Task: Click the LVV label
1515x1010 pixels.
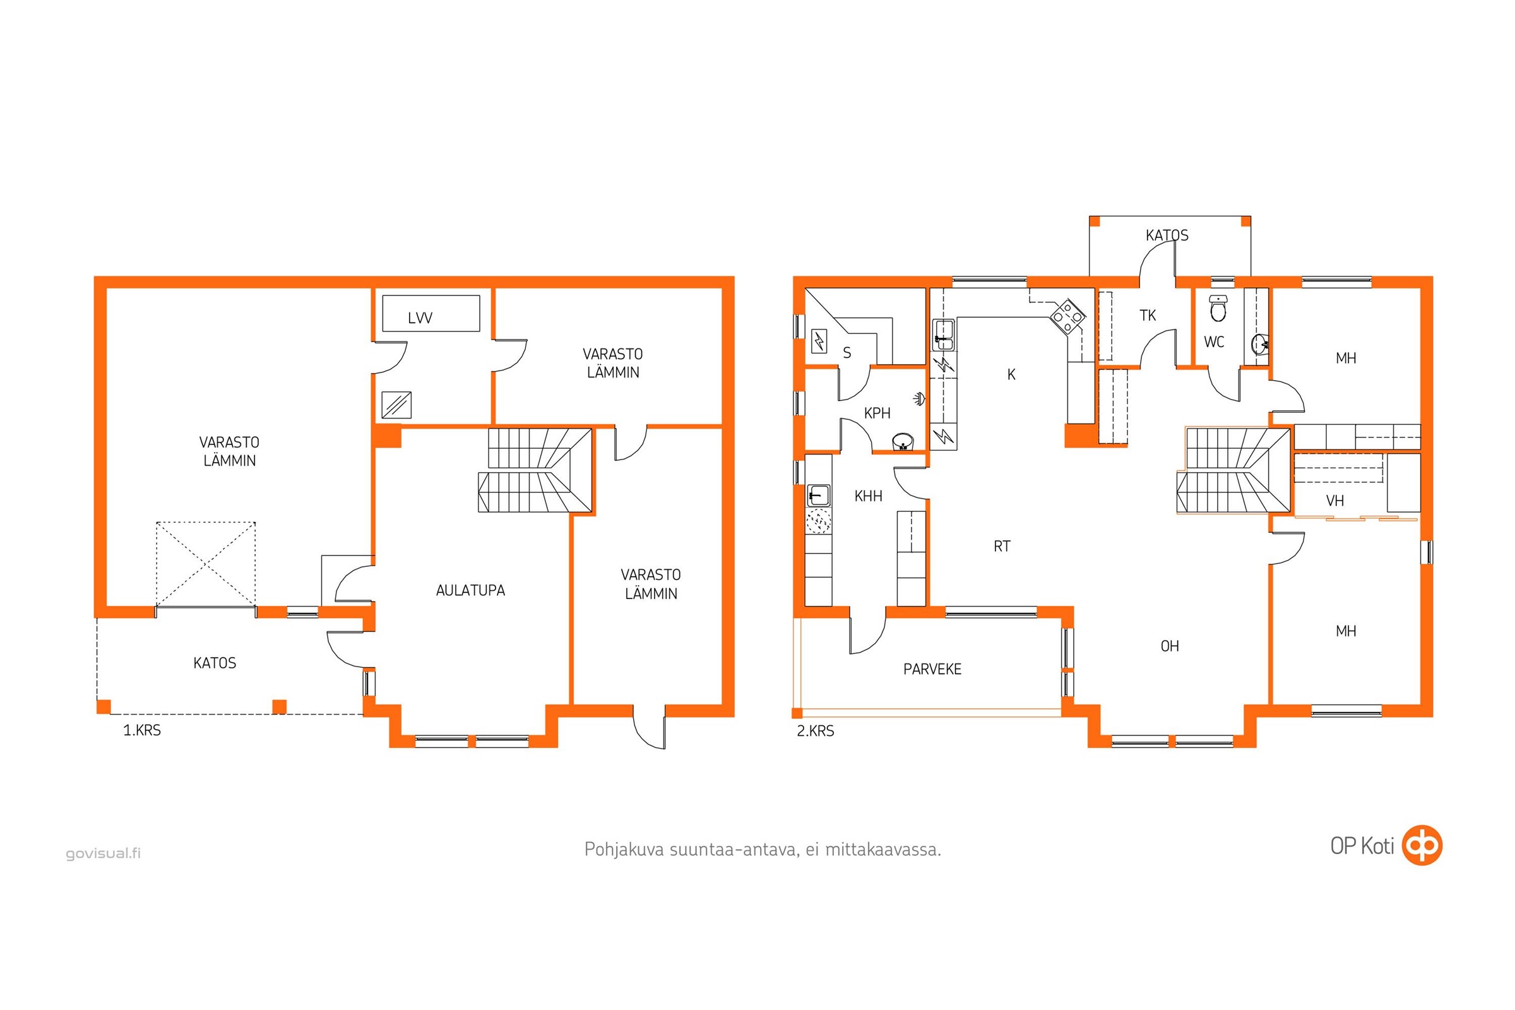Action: click(x=420, y=318)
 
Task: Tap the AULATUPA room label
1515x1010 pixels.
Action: click(x=470, y=590)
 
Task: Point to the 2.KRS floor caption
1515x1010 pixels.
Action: click(x=816, y=731)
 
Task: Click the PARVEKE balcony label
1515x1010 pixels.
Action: click(x=932, y=669)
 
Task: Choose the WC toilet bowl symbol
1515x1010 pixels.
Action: click(x=1218, y=309)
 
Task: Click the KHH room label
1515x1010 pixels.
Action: click(x=869, y=496)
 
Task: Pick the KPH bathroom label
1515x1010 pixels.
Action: click(x=877, y=413)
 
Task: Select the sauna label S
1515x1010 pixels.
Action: click(x=847, y=353)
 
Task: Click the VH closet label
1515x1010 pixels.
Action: click(x=1335, y=501)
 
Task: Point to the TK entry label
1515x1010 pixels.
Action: click(x=1148, y=315)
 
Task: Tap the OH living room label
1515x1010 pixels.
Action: click(x=1170, y=646)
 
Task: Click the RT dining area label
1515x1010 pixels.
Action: click(x=1002, y=546)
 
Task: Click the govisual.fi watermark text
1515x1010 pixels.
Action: click(x=103, y=853)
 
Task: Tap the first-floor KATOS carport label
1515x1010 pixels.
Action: click(x=215, y=663)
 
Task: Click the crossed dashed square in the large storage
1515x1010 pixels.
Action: click(x=206, y=564)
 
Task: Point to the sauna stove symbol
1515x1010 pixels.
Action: click(x=819, y=340)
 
